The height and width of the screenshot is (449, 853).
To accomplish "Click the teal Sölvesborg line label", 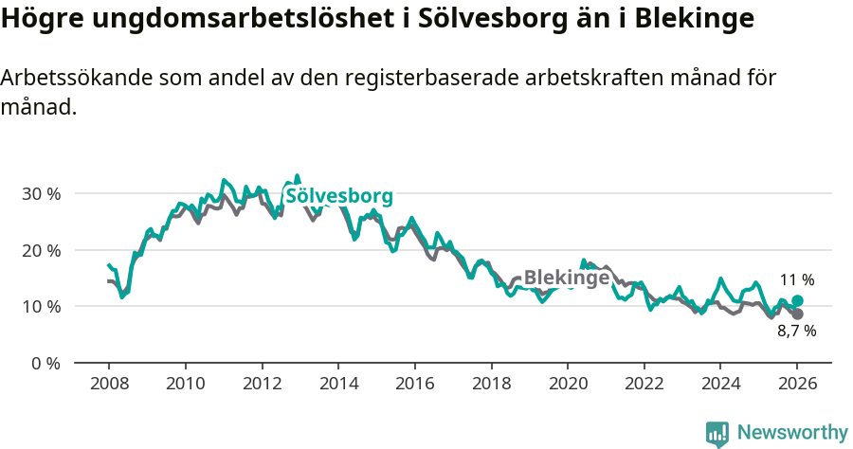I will click(338, 196).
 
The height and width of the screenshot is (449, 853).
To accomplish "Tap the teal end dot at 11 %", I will click(797, 301).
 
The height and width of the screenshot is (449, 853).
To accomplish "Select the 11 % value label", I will click(797, 280).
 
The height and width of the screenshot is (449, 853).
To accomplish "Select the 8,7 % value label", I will click(797, 332).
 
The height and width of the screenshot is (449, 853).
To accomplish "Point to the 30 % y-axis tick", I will click(41, 193).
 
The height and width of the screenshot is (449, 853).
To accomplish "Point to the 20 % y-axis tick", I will click(41, 250).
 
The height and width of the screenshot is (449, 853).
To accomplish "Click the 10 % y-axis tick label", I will click(41, 307).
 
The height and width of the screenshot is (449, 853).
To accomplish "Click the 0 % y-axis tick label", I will click(45, 364).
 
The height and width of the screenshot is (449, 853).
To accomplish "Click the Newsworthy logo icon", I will click(717, 434).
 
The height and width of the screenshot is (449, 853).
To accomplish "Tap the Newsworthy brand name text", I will click(792, 433).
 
